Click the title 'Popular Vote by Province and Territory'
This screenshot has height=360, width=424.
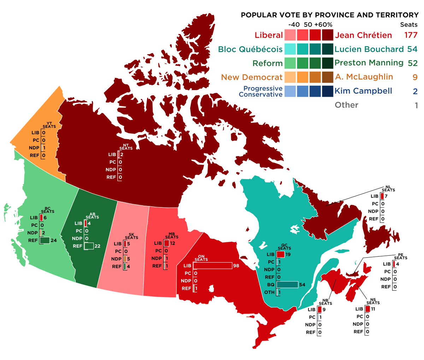tap(329, 15)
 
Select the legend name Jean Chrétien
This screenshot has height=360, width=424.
tap(363, 35)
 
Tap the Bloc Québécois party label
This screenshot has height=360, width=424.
tap(250, 49)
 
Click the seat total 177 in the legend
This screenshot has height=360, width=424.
tap(411, 35)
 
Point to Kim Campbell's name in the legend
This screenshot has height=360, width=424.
tap(363, 91)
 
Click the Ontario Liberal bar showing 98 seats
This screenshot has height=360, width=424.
tap(212, 266)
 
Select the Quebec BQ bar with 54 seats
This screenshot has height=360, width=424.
tap(287, 285)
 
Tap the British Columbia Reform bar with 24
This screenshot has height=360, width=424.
tap(44, 241)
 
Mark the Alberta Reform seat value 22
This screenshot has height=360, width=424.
tap(97, 246)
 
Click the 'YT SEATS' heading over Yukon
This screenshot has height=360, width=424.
tap(49, 125)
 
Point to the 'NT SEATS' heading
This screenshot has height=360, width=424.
tap(126, 147)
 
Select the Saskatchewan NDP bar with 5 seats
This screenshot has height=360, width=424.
tap(125, 259)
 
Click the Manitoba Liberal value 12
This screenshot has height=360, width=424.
tap(172, 243)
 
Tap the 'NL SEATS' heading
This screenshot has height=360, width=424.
tap(388, 188)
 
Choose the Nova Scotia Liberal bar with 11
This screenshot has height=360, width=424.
tap(367, 309)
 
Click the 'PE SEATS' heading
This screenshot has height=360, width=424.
tap(401, 256)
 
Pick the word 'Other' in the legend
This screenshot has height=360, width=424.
tap(346, 105)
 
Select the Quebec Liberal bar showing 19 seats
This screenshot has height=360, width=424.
tap(281, 254)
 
